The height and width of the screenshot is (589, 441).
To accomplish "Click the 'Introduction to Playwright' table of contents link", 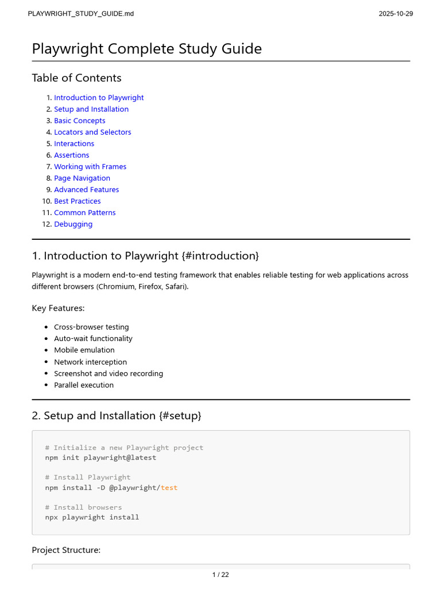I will (99, 98).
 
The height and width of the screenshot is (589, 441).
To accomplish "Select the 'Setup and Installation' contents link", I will (91, 109).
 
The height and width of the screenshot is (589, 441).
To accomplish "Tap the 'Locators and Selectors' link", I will (92, 132).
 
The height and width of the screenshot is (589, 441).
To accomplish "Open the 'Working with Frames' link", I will (90, 167).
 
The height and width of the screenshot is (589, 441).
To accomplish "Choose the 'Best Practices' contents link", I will (77, 201).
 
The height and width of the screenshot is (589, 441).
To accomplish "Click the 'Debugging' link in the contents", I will (73, 224).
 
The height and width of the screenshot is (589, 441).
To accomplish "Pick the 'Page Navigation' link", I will (82, 178).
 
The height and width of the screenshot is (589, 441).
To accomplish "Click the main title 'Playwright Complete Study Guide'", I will (146, 49).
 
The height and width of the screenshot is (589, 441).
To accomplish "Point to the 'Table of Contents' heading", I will (76, 78).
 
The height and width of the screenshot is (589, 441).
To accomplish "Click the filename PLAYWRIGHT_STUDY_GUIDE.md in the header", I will (80, 14).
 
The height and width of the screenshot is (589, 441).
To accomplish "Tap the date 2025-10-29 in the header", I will (396, 14).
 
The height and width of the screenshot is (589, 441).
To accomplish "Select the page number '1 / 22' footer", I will (220, 574).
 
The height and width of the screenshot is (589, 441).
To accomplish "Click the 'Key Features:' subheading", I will (58, 308).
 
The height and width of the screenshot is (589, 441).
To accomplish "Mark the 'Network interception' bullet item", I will (90, 362).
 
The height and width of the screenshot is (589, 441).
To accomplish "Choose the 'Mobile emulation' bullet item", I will (84, 350).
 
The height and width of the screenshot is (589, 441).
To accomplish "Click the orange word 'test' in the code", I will (169, 488).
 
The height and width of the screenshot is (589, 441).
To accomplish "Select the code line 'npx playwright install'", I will (92, 517).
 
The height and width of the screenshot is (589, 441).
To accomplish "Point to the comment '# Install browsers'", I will (83, 507).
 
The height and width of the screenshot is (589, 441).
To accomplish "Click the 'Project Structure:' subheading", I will (66, 550).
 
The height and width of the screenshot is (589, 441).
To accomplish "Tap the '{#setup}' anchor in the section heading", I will (180, 415).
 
